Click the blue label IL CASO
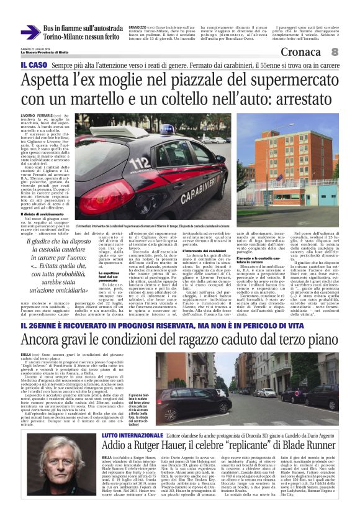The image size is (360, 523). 32,65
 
